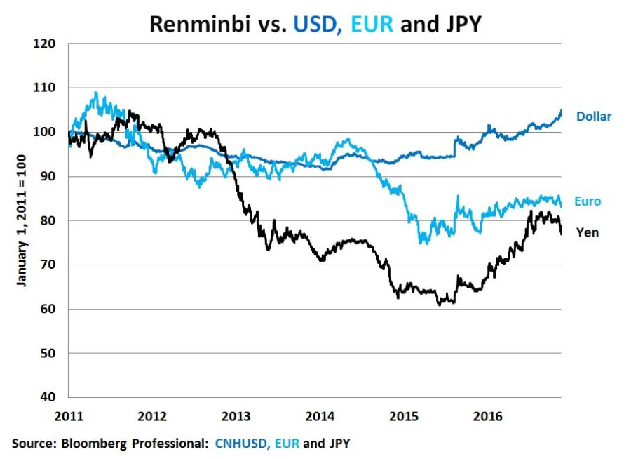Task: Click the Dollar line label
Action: (x=594, y=116)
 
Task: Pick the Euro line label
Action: (x=588, y=201)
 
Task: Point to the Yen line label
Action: (x=588, y=232)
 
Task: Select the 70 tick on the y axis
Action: (x=46, y=265)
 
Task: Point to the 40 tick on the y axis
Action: (x=46, y=397)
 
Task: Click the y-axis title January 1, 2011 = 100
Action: (x=22, y=220)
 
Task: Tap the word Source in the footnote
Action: (x=30, y=443)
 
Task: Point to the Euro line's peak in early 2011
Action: (x=95, y=93)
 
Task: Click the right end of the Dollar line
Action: (x=561, y=111)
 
